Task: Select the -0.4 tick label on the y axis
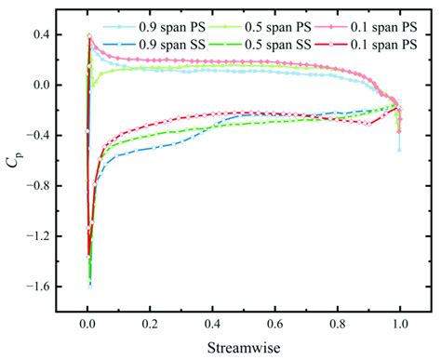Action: (37, 136)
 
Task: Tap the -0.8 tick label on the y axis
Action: (37, 186)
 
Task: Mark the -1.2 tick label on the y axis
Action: (37, 236)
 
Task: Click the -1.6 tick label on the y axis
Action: (37, 287)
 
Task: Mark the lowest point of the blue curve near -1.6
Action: (90, 287)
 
